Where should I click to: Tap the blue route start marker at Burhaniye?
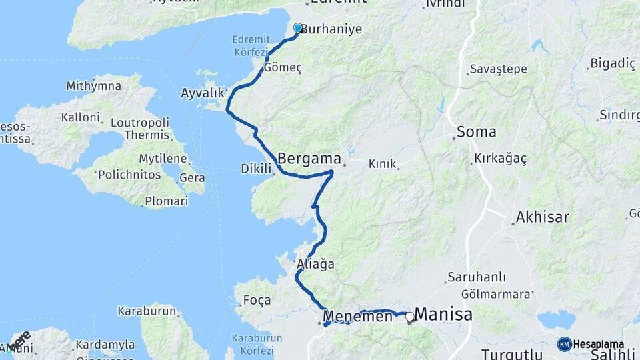click(297, 28)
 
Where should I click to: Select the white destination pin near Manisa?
click(409, 317)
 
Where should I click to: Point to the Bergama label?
click(308, 159)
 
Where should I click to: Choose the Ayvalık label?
click(203, 93)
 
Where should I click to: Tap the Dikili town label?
click(256, 169)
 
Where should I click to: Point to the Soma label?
click(477, 132)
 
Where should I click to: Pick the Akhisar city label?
click(542, 217)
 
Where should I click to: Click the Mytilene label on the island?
click(163, 159)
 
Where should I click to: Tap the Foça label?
click(257, 299)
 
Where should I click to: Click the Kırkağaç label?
click(500, 159)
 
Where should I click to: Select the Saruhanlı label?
click(477, 277)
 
